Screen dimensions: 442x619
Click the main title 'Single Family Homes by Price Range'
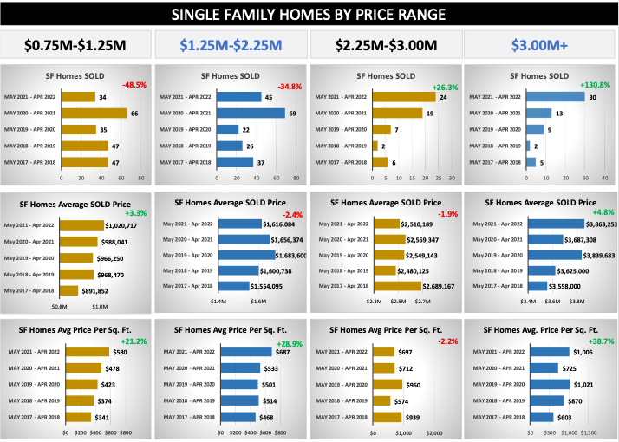tap(309, 14)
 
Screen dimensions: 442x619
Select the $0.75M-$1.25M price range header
tap(76, 45)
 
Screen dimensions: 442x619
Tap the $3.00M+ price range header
tap(540, 45)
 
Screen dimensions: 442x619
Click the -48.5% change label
tap(134, 85)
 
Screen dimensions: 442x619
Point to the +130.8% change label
tap(595, 85)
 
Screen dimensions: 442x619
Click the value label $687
tap(283, 352)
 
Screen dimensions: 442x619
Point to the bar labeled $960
tap(388, 384)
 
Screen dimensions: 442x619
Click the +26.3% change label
tap(443, 85)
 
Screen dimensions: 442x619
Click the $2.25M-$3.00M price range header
tap(385, 45)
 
